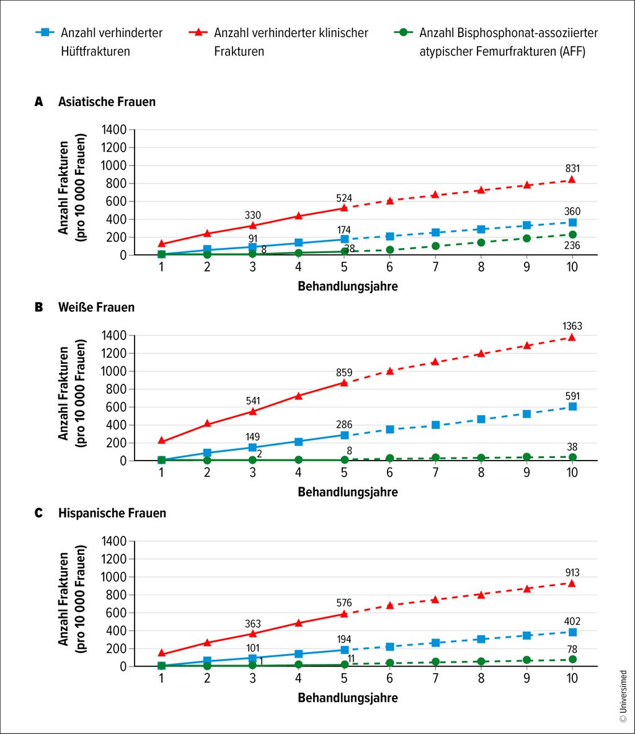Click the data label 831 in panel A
pos(572,168)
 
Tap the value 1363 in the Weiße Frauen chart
pos(572,326)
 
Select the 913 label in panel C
pos(572,573)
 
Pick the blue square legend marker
pos(47,33)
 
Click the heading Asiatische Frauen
pos(107,102)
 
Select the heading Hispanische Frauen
pos(112,513)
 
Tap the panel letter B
pos(38,307)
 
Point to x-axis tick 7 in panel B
pos(435,473)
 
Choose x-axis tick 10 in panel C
pos(572,678)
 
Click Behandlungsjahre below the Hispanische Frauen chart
pos(347,697)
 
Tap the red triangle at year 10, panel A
pos(572,179)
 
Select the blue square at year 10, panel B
pos(572,407)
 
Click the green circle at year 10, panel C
pos(572,659)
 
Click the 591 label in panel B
pos(572,396)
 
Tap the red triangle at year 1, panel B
pos(162,441)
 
